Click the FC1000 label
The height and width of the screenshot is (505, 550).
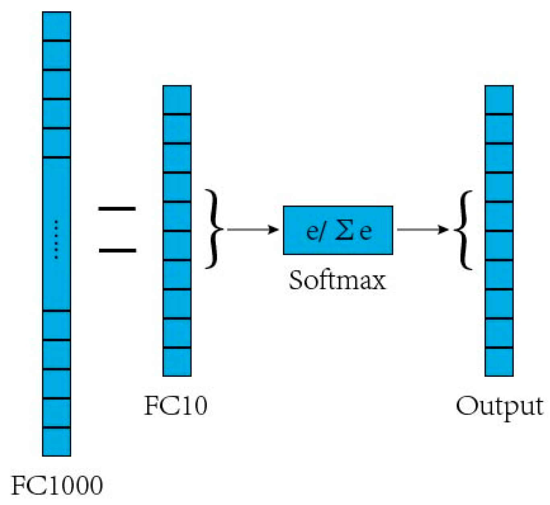tap(57, 485)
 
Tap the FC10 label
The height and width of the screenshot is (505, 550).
tap(176, 405)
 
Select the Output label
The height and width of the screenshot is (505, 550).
tap(499, 406)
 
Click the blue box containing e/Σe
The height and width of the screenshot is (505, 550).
tap(338, 230)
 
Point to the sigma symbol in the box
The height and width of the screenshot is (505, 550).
tap(344, 230)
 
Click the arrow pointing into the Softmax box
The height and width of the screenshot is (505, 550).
tap(253, 230)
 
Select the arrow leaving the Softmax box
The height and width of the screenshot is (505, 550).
tap(422, 230)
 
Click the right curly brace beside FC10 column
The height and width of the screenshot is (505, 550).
tap(214, 229)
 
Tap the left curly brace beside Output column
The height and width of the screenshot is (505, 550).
tap(463, 230)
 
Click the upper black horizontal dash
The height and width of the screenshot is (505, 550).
tap(117, 209)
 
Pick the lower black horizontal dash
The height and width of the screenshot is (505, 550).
tap(117, 250)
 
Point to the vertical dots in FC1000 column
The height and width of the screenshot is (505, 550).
tap(56, 239)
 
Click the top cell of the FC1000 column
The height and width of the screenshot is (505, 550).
tap(56, 26)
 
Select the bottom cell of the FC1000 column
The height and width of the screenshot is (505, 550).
tap(56, 441)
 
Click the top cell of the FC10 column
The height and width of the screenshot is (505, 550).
tap(177, 100)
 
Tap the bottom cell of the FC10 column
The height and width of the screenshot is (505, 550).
tap(177, 362)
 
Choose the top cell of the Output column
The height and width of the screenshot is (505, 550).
tap(499, 100)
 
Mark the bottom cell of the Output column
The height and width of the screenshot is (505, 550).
tap(499, 362)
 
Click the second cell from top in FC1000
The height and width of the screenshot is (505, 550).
tap(56, 55)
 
